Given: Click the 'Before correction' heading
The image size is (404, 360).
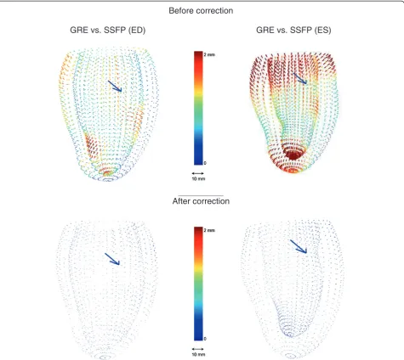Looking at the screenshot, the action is (x=201, y=11).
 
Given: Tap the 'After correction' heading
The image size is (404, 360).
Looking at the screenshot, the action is (x=201, y=201).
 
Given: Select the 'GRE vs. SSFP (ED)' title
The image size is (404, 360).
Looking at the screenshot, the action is (x=108, y=30).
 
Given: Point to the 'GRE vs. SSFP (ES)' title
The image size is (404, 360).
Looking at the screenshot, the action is (x=293, y=30).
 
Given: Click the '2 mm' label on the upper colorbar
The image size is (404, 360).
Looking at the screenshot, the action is (x=209, y=54).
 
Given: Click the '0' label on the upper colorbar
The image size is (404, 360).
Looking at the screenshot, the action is (x=205, y=163).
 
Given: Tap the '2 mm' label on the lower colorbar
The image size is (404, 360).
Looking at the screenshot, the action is (x=209, y=230).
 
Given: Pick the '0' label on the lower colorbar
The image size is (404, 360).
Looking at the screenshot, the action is (x=205, y=339).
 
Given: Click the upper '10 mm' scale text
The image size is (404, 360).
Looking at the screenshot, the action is (x=198, y=179).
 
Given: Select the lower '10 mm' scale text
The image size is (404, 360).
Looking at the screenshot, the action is (x=198, y=355).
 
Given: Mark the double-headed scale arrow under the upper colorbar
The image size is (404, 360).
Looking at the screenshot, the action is (x=198, y=173).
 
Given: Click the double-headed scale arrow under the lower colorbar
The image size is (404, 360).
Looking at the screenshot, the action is (x=198, y=349).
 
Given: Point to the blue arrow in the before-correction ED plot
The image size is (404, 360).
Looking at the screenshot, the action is (x=115, y=86).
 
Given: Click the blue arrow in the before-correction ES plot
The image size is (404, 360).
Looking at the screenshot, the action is (x=300, y=78).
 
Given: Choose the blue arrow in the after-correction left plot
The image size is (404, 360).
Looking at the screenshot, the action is (x=112, y=259).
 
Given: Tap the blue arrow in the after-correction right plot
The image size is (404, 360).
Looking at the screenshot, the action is (x=299, y=246).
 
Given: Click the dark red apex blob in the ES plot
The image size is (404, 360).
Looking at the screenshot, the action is (x=293, y=155).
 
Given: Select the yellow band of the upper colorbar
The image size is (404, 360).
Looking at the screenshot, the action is (x=198, y=90).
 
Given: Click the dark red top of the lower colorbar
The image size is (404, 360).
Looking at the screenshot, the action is (x=198, y=231).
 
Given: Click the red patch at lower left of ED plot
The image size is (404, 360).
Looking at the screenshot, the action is (x=91, y=147).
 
